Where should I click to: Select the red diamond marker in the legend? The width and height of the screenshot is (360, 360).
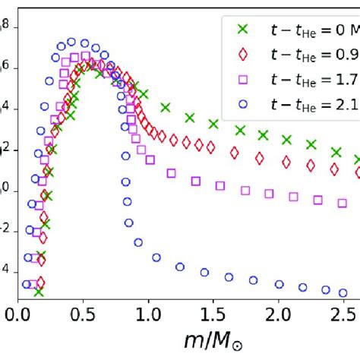tap(243, 54)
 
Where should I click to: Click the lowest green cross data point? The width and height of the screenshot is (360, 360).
tap(39, 291)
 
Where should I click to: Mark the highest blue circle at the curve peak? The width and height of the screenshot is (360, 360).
tap(71, 43)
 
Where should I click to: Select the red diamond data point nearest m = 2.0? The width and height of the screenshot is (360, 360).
tap(286, 162)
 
